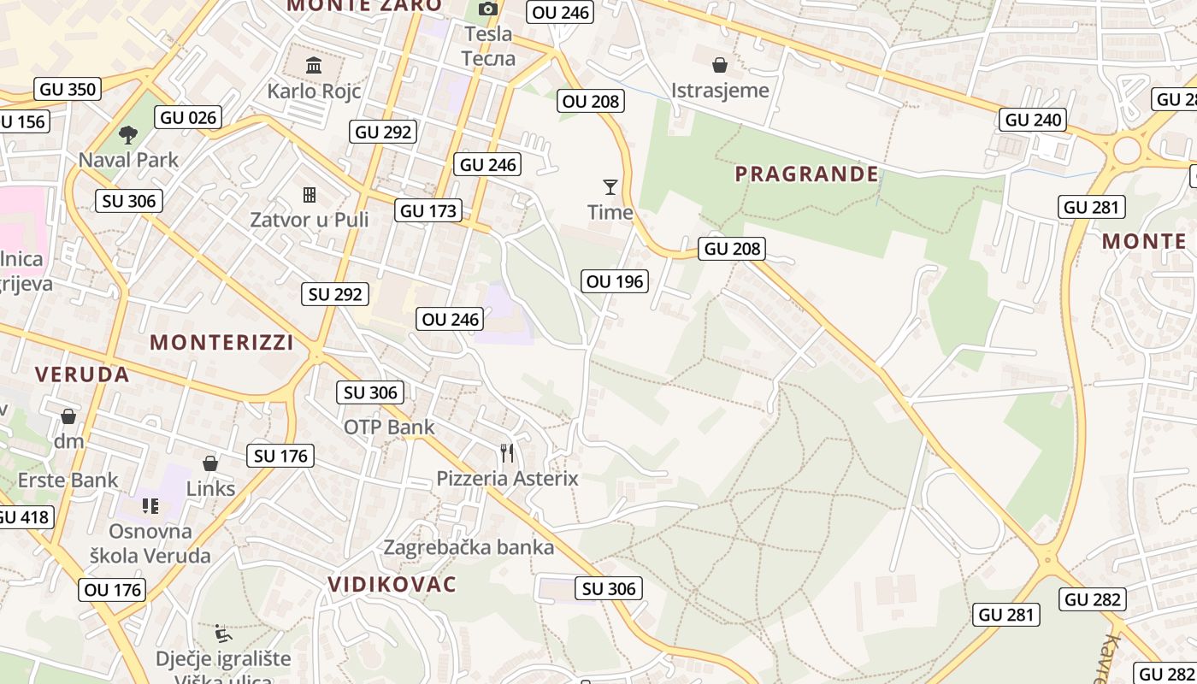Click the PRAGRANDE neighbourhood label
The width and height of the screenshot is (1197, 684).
[806, 174]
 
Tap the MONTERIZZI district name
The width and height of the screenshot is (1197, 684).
[221, 343]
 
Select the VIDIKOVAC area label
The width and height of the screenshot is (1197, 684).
[392, 585]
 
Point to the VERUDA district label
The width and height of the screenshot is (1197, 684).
[82, 374]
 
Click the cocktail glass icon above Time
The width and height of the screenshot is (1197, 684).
[610, 186]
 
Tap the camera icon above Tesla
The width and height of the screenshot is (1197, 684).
[488, 9]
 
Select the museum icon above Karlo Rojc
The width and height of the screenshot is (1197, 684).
[314, 65]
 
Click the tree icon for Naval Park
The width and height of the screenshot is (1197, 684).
[128, 134]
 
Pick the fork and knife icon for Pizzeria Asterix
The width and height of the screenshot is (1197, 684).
[508, 452]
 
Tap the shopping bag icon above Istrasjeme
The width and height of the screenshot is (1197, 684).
[720, 65]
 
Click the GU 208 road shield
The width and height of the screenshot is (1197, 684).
[731, 249]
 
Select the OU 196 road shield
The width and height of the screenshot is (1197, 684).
[616, 281]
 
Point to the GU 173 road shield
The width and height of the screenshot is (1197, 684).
[429, 210]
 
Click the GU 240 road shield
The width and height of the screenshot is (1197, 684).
[1034, 120]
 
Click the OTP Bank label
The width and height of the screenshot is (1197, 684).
[389, 427]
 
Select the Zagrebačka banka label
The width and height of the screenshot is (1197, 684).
[469, 547]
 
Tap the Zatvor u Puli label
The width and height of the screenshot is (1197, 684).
[309, 220]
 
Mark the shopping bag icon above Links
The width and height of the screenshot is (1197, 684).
[210, 463]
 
